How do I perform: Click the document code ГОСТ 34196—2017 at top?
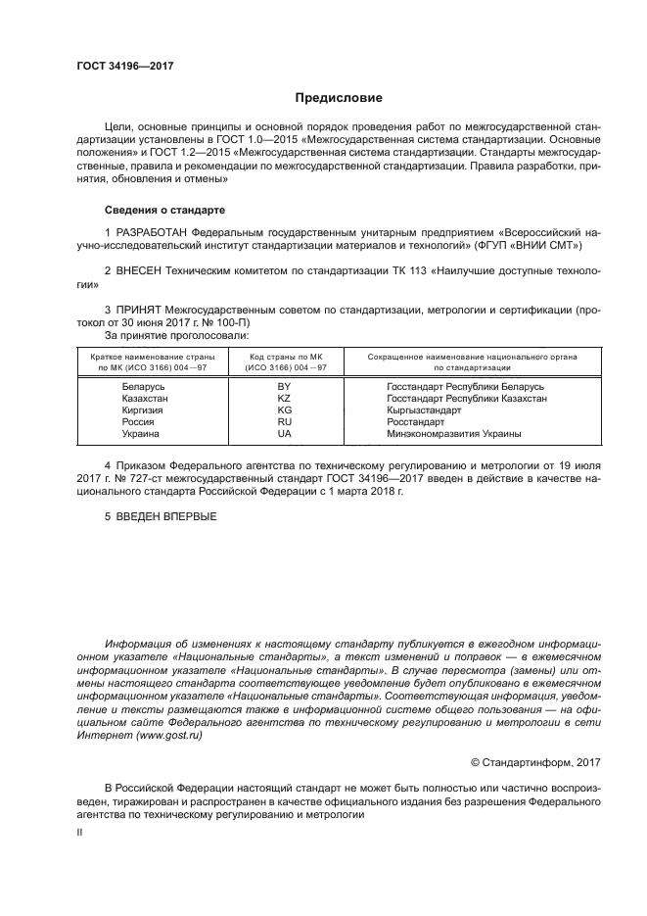(x=125, y=68)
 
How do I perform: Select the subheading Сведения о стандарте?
(x=164, y=210)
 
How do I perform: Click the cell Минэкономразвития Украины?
(x=454, y=433)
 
